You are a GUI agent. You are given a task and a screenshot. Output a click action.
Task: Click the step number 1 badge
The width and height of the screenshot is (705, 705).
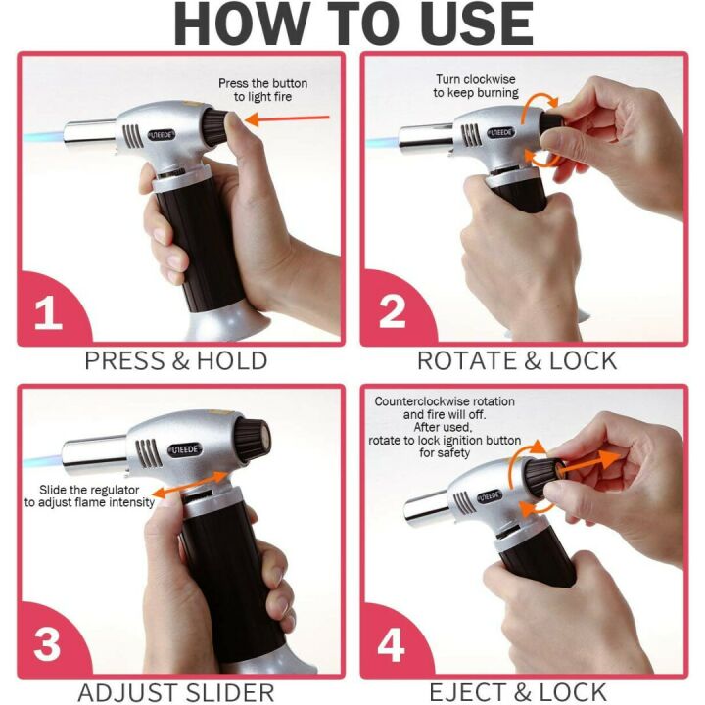tap(48, 312)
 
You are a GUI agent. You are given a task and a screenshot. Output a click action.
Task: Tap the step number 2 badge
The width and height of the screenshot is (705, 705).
tap(392, 312)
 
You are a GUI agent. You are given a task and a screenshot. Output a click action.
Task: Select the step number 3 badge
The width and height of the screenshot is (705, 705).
tap(48, 645)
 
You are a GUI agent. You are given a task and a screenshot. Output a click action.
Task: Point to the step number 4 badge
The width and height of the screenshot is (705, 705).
tap(392, 645)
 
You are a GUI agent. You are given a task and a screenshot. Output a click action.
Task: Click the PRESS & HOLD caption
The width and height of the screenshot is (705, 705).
tap(175, 360)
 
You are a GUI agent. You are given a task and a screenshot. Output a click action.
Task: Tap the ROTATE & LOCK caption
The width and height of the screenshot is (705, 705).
tap(517, 360)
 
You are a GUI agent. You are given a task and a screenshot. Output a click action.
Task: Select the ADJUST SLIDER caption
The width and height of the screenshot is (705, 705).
tap(175, 693)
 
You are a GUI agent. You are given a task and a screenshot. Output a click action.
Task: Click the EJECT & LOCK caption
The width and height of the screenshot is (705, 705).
tap(517, 693)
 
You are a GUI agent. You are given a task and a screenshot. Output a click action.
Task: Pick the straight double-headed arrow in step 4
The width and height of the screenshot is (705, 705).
tap(591, 463)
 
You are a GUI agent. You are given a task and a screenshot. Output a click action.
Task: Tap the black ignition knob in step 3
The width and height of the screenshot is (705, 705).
tap(252, 435)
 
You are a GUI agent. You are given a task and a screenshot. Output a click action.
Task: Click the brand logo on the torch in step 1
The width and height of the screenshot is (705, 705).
tap(159, 134)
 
